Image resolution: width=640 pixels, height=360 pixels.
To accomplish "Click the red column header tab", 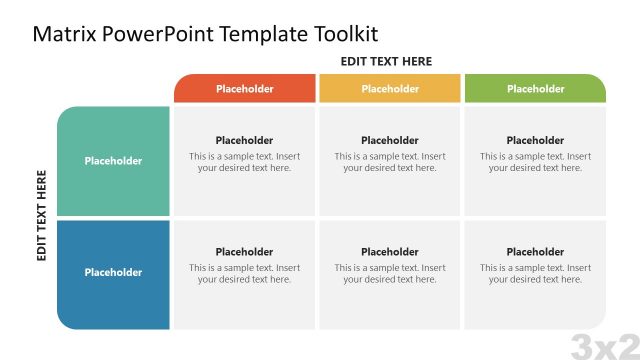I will tap(244, 89).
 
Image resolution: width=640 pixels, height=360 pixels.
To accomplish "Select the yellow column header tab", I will tap(390, 89).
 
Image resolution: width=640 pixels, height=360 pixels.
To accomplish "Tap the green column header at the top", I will tap(535, 89).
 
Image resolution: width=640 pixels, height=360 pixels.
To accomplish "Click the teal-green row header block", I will tap(113, 161).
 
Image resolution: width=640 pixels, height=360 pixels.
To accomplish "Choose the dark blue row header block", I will tap(113, 273).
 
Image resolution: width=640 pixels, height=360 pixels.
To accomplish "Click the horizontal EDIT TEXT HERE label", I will tap(386, 61).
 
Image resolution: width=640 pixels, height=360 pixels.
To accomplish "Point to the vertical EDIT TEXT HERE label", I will tap(42, 215).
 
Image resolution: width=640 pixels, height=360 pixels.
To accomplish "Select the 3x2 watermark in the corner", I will tap(604, 346).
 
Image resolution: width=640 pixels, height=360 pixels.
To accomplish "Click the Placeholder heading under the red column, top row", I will tap(244, 141).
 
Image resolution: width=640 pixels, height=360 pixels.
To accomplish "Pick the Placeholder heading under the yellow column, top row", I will tap(390, 141).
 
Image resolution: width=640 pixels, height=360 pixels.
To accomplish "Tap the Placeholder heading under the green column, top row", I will tap(535, 141).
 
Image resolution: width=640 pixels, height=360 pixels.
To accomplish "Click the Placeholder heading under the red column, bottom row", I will tap(244, 252).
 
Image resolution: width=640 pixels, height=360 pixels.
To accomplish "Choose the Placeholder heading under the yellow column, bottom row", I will tap(390, 252).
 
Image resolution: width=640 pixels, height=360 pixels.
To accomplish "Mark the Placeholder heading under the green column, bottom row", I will tap(535, 252).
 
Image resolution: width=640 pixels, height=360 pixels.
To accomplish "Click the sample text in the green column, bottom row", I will tap(535, 274).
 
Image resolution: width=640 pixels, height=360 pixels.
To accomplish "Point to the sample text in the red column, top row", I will tap(244, 162).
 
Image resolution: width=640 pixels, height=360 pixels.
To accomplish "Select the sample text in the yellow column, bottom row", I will tap(390, 274).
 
